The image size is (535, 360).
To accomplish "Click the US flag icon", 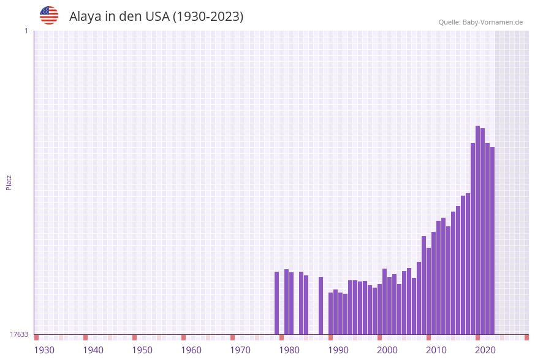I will pyautogui.click(x=49, y=15).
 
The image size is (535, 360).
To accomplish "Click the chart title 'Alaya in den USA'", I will pyautogui.click(x=156, y=17).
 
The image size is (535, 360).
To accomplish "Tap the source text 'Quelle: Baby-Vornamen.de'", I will pyautogui.click(x=480, y=22).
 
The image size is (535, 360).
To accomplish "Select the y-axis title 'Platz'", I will pyautogui.click(x=9, y=182).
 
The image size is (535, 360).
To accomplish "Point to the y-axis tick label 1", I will pyautogui.click(x=26, y=31).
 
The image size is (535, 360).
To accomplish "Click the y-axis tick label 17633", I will pyautogui.click(x=19, y=334).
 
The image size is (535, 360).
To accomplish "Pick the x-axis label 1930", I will pyautogui.click(x=44, y=350).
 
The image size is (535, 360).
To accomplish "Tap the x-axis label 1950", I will pyautogui.click(x=142, y=350).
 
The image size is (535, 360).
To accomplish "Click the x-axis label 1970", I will pyautogui.click(x=240, y=350).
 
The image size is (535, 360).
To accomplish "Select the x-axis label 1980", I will pyautogui.click(x=289, y=350).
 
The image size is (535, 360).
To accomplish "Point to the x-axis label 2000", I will pyautogui.click(x=387, y=350).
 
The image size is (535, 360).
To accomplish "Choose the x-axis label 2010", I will pyautogui.click(x=436, y=350).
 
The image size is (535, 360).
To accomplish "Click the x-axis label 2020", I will pyautogui.click(x=485, y=350).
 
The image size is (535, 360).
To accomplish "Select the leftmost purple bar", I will pyautogui.click(x=276, y=303).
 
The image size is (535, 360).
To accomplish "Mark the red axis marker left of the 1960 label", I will pyautogui.click(x=183, y=337).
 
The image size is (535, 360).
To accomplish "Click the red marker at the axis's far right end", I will pyautogui.click(x=526, y=337).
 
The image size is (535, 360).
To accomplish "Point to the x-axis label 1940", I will pyautogui.click(x=93, y=350).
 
